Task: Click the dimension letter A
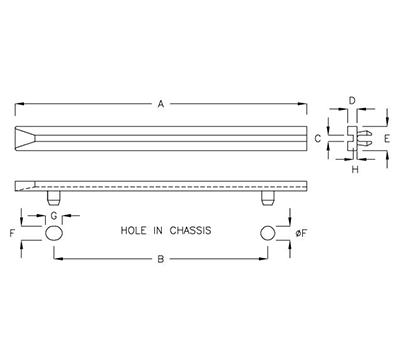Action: (x=159, y=102)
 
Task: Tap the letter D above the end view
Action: (x=351, y=101)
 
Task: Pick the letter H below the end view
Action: (x=355, y=169)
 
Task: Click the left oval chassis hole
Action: (x=55, y=233)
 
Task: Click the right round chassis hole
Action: (x=267, y=233)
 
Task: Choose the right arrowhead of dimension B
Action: (x=264, y=259)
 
